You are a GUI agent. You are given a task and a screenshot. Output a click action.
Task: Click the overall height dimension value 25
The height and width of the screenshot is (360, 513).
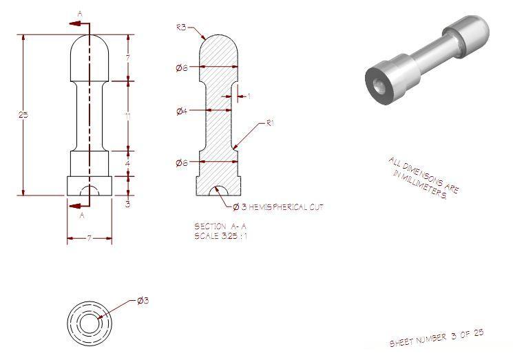coord(22,114)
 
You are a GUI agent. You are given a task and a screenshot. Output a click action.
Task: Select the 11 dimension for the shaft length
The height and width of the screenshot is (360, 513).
coord(129,116)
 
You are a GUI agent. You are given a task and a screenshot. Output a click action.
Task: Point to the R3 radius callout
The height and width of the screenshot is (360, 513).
coord(181,28)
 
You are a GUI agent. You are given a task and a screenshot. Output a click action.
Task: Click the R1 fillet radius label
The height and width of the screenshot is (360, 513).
coord(271,124)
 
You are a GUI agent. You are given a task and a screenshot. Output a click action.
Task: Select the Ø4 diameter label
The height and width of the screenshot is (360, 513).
coord(181,110)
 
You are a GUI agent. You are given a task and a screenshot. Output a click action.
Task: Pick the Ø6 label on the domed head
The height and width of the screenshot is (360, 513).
coord(181,67)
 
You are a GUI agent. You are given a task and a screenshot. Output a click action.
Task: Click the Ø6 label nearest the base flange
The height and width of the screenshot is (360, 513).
coord(181,162)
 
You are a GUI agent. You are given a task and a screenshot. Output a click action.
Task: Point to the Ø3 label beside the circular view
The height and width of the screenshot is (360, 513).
coord(143,301)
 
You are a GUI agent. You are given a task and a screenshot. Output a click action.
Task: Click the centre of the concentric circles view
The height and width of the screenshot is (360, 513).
coord(89,321)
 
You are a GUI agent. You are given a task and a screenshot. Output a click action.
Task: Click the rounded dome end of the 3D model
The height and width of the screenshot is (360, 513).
coord(475,31)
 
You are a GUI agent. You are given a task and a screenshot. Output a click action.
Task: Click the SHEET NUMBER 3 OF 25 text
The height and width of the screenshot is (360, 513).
coord(437,337)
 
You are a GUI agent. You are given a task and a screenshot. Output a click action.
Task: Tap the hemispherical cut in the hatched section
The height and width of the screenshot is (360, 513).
coord(219,191)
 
